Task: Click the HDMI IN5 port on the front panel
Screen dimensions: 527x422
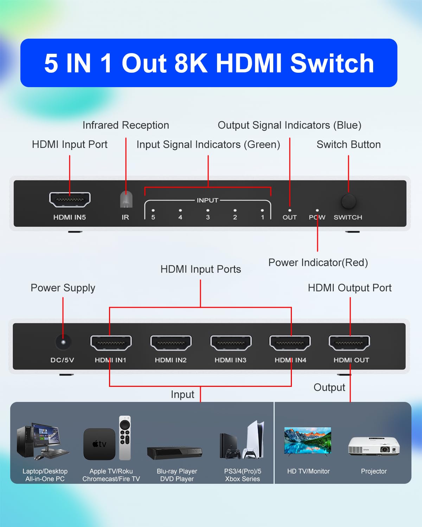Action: click(70, 200)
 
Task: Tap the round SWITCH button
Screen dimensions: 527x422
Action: click(348, 201)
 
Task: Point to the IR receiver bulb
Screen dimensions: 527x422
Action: click(126, 200)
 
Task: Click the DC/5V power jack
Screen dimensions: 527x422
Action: click(63, 342)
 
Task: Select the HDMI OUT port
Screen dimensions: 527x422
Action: click(349, 343)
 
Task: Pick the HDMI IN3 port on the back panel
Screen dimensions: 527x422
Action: click(231, 343)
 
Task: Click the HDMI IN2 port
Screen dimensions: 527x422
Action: click(171, 343)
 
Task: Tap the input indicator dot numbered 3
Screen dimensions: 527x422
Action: click(208, 210)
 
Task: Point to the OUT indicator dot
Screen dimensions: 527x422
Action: click(289, 210)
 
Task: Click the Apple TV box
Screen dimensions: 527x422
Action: click(99, 444)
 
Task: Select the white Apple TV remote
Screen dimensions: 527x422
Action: click(125, 438)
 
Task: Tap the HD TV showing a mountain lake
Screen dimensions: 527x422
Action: click(307, 441)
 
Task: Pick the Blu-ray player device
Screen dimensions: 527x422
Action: click(174, 453)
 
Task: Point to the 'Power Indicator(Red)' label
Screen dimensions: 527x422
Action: click(318, 262)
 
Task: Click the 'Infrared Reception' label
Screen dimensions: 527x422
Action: click(126, 125)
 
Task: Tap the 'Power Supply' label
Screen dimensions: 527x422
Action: click(63, 288)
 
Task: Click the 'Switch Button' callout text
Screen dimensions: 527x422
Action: click(348, 144)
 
